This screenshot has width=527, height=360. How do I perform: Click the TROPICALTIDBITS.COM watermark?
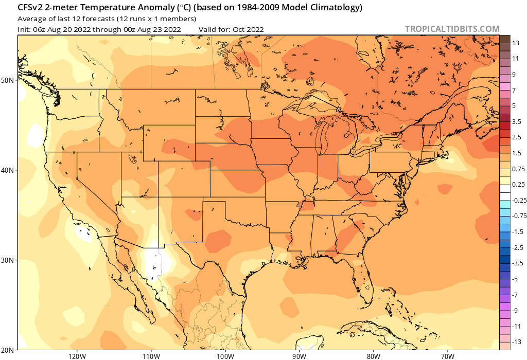coord(452,29)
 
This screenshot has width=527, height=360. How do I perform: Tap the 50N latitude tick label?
coord(8,80)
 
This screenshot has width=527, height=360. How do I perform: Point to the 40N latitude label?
coord(8,170)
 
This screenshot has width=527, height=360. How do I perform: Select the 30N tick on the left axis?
coord(8,260)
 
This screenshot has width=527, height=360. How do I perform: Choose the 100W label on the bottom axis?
coord(225,355)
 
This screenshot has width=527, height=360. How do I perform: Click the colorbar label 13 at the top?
coord(516,43)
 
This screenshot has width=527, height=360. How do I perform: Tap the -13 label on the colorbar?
coord(517,341)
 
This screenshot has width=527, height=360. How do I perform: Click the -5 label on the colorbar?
coord(516,279)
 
